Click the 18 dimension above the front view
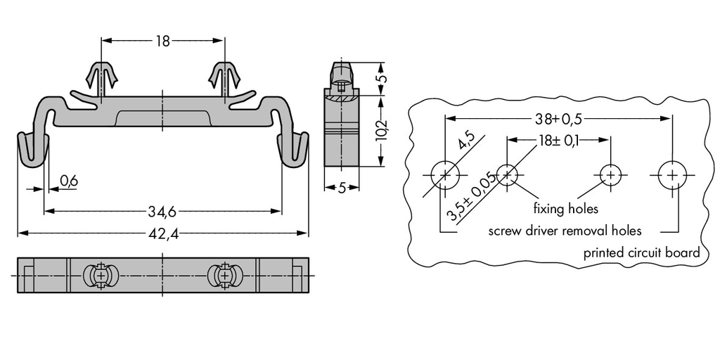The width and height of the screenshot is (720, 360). coord(162,41)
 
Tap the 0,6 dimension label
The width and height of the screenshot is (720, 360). coord(69,181)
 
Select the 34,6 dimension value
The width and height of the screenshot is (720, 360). coord(162,210)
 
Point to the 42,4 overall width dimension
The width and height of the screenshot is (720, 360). coord(162,233)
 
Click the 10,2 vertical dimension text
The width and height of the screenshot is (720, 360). coord(381,130)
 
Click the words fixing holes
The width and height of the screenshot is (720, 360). coord(565,209)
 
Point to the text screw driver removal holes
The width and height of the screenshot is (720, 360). coord(565,231)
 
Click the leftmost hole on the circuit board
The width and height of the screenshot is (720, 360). coord(444,174)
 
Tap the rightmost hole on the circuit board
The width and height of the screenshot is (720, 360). coord(673,174)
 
